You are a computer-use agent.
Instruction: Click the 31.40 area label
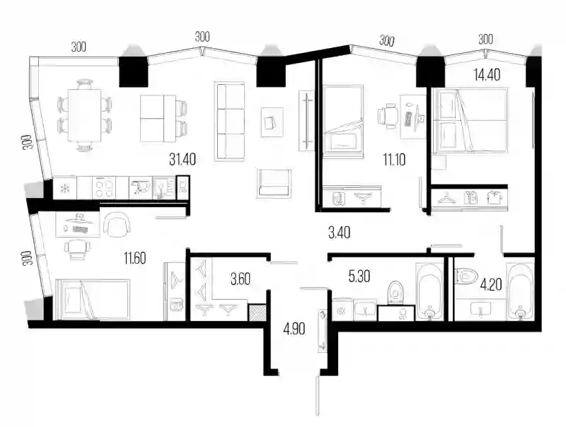(x=183, y=159)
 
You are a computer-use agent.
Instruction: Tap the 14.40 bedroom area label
(x=487, y=75)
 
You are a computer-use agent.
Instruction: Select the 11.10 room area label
(x=394, y=159)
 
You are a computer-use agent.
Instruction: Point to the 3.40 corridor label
(x=339, y=233)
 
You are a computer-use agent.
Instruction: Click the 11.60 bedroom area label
(x=135, y=258)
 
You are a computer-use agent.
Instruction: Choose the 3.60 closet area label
(x=240, y=279)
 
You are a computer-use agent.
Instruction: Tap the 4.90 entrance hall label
(x=294, y=329)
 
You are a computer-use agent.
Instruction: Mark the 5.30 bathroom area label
(x=359, y=276)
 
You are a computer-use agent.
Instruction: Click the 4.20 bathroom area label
(x=491, y=285)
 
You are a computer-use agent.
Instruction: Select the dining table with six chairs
(x=85, y=115)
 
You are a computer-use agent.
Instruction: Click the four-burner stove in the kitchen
(x=103, y=187)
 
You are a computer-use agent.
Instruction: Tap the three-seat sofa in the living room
(x=229, y=121)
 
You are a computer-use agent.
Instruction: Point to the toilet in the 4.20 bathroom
(x=466, y=276)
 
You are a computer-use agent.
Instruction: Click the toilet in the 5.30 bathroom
(x=396, y=293)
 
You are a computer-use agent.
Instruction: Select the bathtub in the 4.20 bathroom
(x=520, y=291)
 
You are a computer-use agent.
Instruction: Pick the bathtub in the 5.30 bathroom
(x=429, y=291)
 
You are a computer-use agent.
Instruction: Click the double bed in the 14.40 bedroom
(x=470, y=121)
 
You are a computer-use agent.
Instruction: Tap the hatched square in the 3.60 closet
(x=257, y=312)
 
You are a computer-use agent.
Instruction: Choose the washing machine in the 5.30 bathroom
(x=341, y=310)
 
